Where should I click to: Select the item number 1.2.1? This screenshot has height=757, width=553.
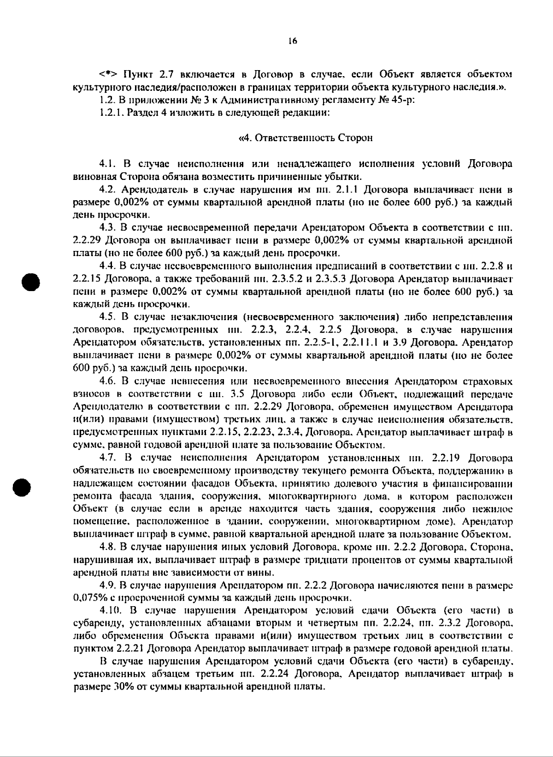[110, 113]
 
